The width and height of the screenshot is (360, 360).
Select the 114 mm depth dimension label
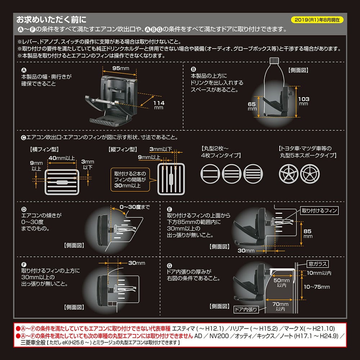coord(159,105)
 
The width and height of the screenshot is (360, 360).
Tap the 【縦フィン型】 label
coord(122,148)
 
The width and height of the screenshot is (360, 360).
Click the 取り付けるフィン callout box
coord(319,210)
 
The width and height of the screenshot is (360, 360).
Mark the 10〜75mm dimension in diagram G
coord(317,287)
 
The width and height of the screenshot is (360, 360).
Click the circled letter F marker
coord(24,263)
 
